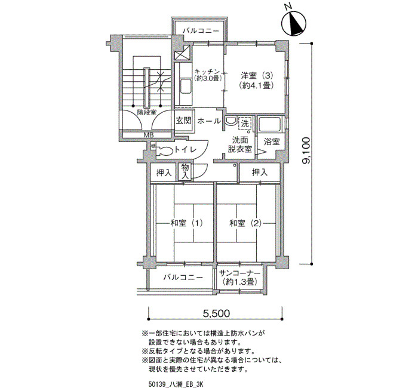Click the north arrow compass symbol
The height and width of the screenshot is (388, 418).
(294, 23)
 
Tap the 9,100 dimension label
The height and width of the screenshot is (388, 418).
(306, 150)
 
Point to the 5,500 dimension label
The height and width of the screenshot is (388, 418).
(216, 313)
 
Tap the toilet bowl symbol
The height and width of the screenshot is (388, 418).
(164, 150)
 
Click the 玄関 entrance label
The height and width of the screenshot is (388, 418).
(184, 121)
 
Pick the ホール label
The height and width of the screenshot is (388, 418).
(209, 121)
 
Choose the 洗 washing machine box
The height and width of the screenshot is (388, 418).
(245, 124)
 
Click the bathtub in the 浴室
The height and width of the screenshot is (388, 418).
(269, 124)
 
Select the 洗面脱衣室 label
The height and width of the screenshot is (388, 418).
(240, 144)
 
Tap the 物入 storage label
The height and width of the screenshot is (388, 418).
(185, 171)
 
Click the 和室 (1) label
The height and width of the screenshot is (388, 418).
(186, 223)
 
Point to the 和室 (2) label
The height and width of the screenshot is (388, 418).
(245, 223)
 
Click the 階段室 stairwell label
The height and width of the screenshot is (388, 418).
(147, 112)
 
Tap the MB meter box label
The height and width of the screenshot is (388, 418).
(149, 135)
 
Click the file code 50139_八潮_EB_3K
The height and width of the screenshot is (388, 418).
(176, 384)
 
